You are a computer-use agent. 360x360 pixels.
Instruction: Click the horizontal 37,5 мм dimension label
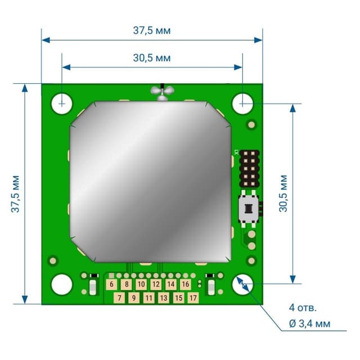[x=152, y=30]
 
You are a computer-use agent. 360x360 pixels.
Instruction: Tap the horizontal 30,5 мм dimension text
[x=152, y=58]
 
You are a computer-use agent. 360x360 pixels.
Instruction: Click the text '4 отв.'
[x=303, y=308]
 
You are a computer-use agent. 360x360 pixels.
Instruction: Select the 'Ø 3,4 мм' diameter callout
[x=309, y=323]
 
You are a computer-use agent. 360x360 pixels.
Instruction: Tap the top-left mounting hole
[x=61, y=103]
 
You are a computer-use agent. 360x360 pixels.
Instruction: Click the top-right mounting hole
[x=243, y=103]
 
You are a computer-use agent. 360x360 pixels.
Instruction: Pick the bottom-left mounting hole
[x=61, y=285]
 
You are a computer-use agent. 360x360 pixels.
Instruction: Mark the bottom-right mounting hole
[x=243, y=285]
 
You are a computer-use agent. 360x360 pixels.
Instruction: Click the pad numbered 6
[x=112, y=285]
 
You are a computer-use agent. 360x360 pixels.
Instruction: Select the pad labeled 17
[x=193, y=298]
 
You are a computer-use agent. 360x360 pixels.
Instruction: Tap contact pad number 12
[x=156, y=285]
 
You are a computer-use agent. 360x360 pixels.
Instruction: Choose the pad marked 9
[x=134, y=298]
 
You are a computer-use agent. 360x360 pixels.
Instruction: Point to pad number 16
[x=186, y=285]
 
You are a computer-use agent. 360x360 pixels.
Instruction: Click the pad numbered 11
[x=148, y=298]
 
